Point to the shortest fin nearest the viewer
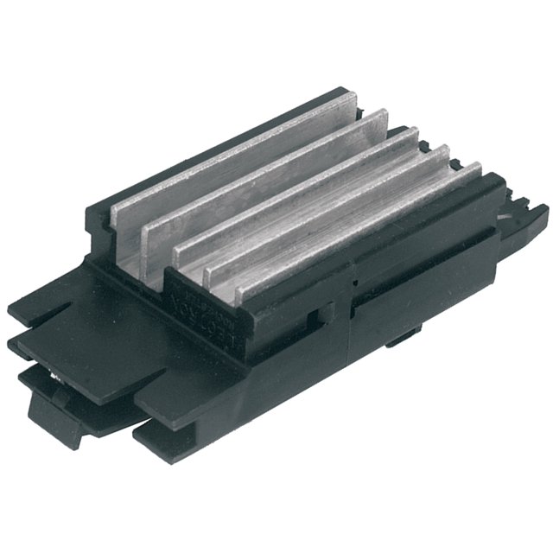click(363, 233)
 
